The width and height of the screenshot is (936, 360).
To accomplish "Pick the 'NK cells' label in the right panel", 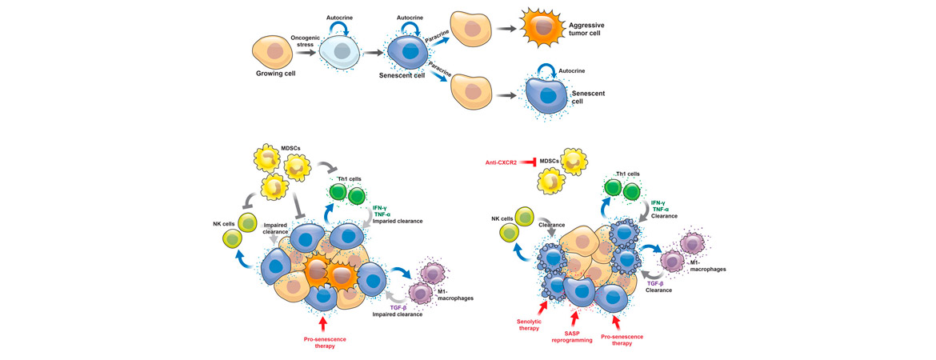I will [502, 218].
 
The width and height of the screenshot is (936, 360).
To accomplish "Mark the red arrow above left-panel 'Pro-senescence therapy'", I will [323, 322].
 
